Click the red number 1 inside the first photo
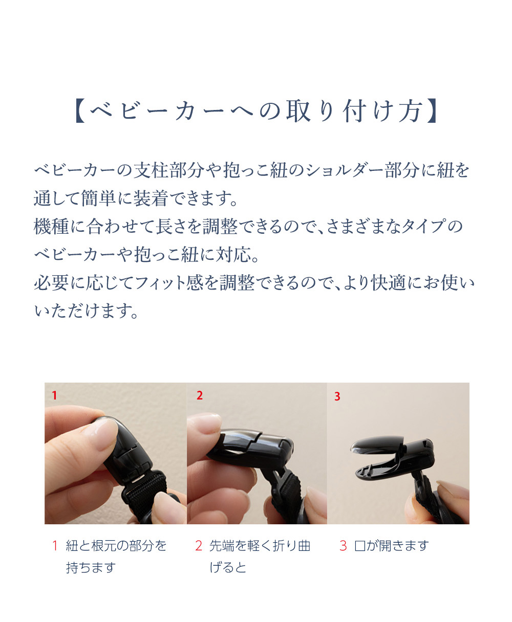point(54,395)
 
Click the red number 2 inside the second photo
point(200,395)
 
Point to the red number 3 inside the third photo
point(337,396)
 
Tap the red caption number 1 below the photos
point(54,546)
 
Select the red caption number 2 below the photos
point(199,546)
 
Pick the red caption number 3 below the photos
point(343,546)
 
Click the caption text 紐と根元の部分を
point(116,546)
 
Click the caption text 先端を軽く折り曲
point(260,546)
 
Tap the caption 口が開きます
point(391,546)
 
